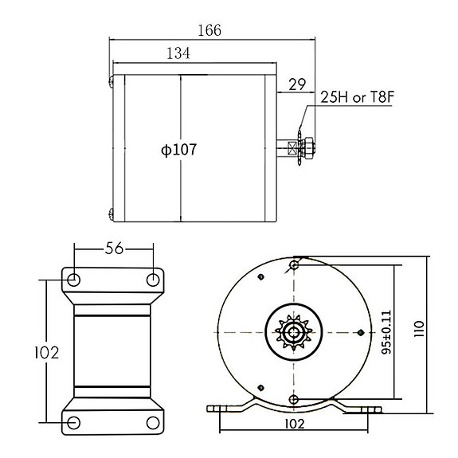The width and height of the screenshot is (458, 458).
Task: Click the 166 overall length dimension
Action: pyautogui.click(x=209, y=29)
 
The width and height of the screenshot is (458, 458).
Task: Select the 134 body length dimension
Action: pyautogui.click(x=178, y=54)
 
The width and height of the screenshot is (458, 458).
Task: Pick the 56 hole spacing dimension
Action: pyautogui.click(x=115, y=249)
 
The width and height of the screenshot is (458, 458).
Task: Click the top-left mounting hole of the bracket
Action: pyautogui.click(x=74, y=280)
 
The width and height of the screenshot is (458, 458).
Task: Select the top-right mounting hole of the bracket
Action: pyautogui.click(x=154, y=280)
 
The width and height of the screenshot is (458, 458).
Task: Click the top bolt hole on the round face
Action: pyautogui.click(x=294, y=264)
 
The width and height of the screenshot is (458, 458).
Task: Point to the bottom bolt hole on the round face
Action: pyautogui.click(x=294, y=397)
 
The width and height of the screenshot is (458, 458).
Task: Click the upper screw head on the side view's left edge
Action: pyautogui.click(x=110, y=78)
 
